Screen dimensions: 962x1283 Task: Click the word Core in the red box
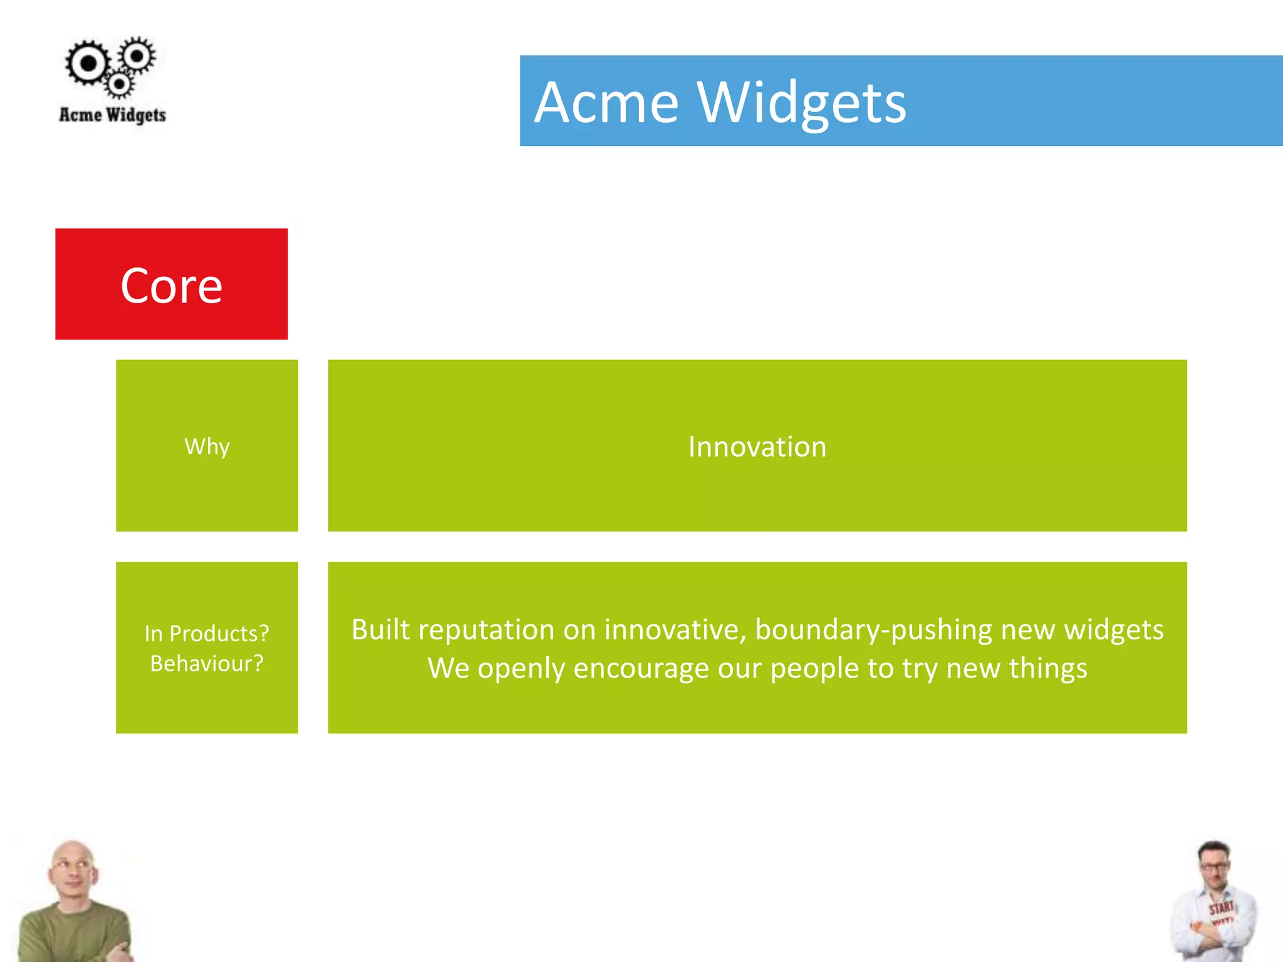[x=171, y=286]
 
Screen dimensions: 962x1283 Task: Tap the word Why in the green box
[x=207, y=447]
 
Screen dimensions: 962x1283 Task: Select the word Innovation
[x=757, y=447]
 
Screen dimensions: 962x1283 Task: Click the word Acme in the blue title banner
[x=606, y=103]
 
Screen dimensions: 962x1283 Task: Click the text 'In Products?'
[x=207, y=633]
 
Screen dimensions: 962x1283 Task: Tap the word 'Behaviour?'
[x=207, y=663]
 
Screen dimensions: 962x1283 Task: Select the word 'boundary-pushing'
[x=873, y=630]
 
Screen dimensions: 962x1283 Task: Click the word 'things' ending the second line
[x=1048, y=668]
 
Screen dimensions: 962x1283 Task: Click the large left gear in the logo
[x=88, y=63]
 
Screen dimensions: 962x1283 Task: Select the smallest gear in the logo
[x=118, y=83]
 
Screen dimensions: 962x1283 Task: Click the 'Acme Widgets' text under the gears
[x=113, y=115]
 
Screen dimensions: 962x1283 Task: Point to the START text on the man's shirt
[x=1221, y=908]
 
